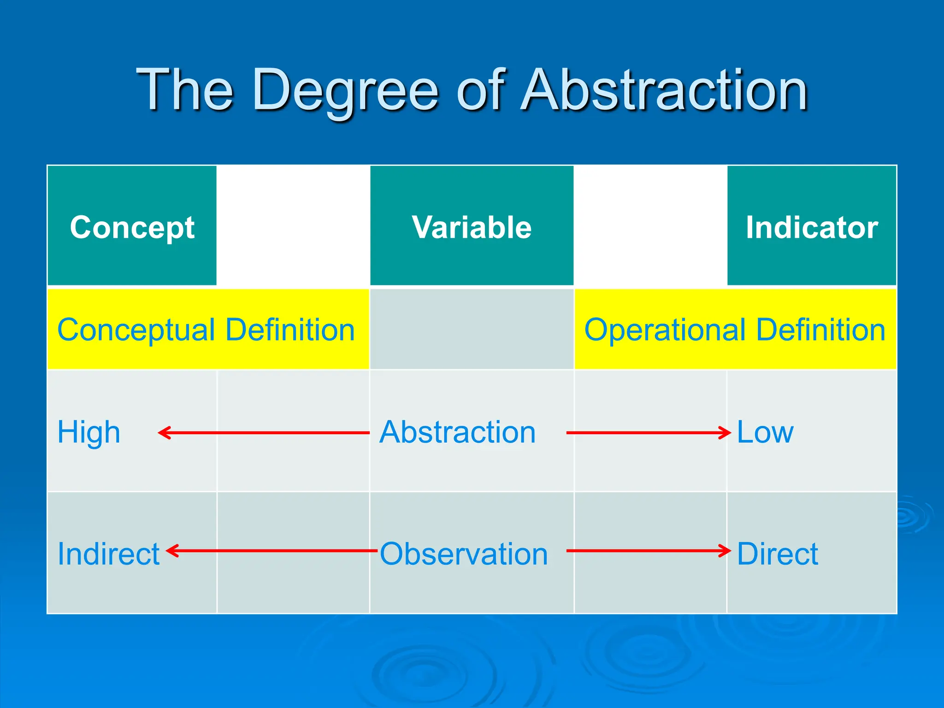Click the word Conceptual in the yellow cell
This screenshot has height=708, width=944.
click(x=136, y=330)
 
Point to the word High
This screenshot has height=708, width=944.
click(x=88, y=432)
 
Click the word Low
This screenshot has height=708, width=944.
click(x=765, y=432)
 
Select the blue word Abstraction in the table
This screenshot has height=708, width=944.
click(x=457, y=432)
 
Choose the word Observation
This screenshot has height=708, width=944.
click(x=464, y=554)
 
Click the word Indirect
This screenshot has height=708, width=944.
click(x=108, y=554)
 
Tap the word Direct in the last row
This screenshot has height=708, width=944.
click(x=777, y=554)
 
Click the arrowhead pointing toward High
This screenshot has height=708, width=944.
click(x=163, y=433)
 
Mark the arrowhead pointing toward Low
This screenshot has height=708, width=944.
click(x=726, y=433)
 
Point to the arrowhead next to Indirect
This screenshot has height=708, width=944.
click(x=171, y=550)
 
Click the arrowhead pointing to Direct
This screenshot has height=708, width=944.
click(x=726, y=550)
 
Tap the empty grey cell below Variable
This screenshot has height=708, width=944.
click(x=472, y=329)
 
